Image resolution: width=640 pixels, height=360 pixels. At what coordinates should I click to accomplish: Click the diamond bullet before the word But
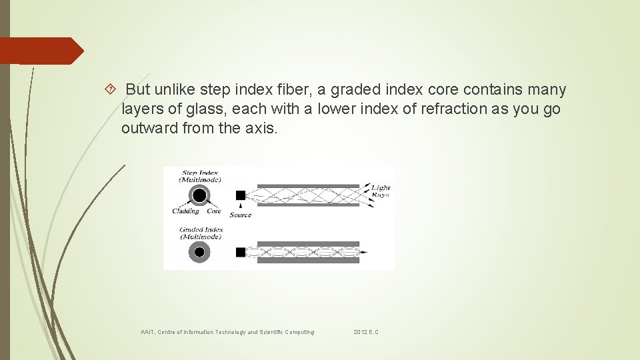tap(111, 89)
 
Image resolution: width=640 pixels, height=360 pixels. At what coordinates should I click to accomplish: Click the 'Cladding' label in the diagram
tap(185, 211)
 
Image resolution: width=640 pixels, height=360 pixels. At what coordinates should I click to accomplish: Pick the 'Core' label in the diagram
tap(213, 211)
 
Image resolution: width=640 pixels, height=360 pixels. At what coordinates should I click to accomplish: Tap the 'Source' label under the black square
tap(240, 215)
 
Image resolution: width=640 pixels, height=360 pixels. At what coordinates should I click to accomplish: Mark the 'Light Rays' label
tap(381, 191)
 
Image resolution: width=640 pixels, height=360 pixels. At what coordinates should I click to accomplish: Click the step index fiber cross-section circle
tap(199, 195)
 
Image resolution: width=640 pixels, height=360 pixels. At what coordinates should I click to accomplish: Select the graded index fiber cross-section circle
tap(199, 252)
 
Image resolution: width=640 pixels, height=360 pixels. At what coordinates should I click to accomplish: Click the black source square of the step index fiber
tap(241, 195)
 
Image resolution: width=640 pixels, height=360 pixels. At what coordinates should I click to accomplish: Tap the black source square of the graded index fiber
tap(241, 252)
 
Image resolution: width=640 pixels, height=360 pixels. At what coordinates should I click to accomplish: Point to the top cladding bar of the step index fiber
tap(307, 186)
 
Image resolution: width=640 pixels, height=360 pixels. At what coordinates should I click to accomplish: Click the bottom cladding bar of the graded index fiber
tap(307, 261)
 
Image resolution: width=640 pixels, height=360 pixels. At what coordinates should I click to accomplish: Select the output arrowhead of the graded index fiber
tap(364, 252)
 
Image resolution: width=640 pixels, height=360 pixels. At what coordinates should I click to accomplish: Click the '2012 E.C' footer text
tap(366, 332)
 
